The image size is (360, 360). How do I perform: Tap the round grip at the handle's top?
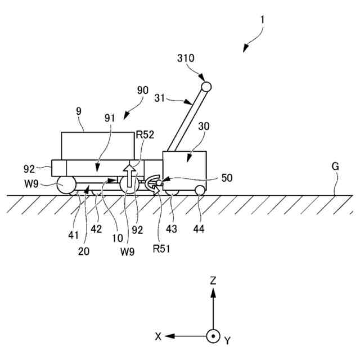coord(206,87)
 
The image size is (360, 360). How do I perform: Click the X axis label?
coord(159,336)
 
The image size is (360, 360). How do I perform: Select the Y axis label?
coord(227,340)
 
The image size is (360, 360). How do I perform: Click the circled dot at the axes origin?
coord(213,336)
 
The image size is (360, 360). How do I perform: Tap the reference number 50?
coord(226,178)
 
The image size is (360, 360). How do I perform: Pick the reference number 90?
coord(143,90)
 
